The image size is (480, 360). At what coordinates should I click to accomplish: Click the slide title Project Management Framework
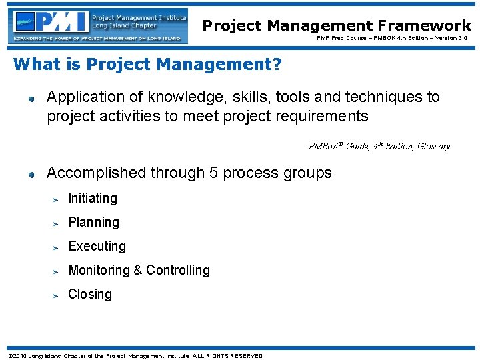coord(337,25)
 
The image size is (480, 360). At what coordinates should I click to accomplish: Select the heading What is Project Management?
coord(147,65)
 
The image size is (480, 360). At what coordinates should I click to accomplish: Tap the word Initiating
coord(93,198)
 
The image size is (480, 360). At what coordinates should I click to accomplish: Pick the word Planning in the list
coord(93,223)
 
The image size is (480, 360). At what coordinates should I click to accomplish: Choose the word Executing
coord(97,246)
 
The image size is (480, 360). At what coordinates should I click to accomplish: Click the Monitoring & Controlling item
coord(139,270)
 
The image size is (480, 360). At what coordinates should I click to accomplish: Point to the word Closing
coord(90,294)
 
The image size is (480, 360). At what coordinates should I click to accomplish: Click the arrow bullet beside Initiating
coord(57,199)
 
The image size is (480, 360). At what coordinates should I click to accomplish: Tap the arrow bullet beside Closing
coord(57,295)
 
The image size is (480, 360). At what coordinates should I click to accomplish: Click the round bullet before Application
coord(31,99)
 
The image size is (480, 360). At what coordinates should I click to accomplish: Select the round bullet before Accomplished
coord(31,175)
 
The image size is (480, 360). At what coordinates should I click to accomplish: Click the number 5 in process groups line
coord(213,173)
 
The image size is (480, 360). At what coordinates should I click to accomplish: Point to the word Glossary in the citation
coord(433,146)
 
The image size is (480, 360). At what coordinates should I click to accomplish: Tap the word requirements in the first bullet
coord(325,117)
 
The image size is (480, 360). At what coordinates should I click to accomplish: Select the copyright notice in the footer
coord(134,355)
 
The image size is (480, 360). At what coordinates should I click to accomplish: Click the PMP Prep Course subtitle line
coord(391,39)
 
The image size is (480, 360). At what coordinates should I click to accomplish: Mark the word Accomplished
coord(96,173)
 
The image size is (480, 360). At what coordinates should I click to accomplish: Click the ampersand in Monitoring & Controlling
coord(138,270)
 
